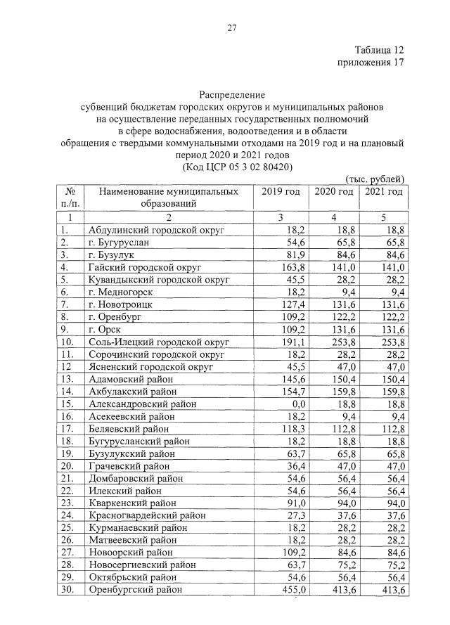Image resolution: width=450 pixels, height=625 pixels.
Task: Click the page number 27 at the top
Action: click(x=231, y=28)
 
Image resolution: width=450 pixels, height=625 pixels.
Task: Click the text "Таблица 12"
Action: click(x=379, y=51)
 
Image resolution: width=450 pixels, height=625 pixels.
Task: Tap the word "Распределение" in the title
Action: click(x=231, y=95)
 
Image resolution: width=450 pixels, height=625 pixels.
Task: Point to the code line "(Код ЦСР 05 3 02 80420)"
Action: click(x=231, y=167)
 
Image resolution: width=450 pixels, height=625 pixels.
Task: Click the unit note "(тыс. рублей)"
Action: click(x=375, y=179)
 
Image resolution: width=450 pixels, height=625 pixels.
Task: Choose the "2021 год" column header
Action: click(x=384, y=192)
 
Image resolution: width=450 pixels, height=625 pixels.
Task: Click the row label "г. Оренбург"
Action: click(x=116, y=317)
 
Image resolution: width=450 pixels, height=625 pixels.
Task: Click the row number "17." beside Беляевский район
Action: click(x=68, y=428)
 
